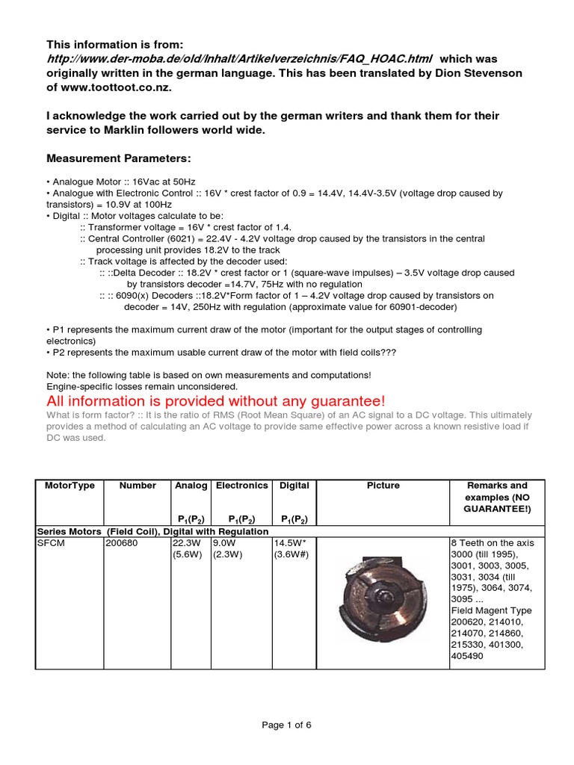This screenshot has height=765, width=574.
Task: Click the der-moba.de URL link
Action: point(239,59)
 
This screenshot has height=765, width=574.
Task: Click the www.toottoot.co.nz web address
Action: point(115,87)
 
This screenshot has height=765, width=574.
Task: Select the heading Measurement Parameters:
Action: point(119,159)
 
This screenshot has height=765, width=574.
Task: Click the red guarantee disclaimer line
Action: point(216,402)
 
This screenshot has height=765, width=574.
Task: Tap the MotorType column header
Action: point(70,486)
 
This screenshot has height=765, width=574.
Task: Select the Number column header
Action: point(138,486)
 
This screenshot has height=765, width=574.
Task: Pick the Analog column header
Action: point(191,486)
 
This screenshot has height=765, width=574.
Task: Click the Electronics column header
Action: point(241,486)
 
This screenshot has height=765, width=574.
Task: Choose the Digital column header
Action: point(294,486)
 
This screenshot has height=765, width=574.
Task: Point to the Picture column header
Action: point(383,486)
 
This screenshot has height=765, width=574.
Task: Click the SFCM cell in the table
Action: point(51,542)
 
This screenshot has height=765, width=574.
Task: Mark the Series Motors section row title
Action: point(152,530)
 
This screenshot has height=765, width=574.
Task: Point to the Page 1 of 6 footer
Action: point(286,725)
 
